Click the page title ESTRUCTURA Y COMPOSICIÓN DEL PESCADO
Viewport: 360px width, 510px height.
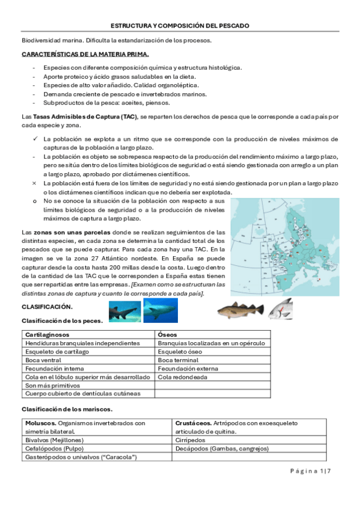180,26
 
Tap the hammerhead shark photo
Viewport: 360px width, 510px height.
124,312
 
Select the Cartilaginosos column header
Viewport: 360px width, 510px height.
47,334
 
